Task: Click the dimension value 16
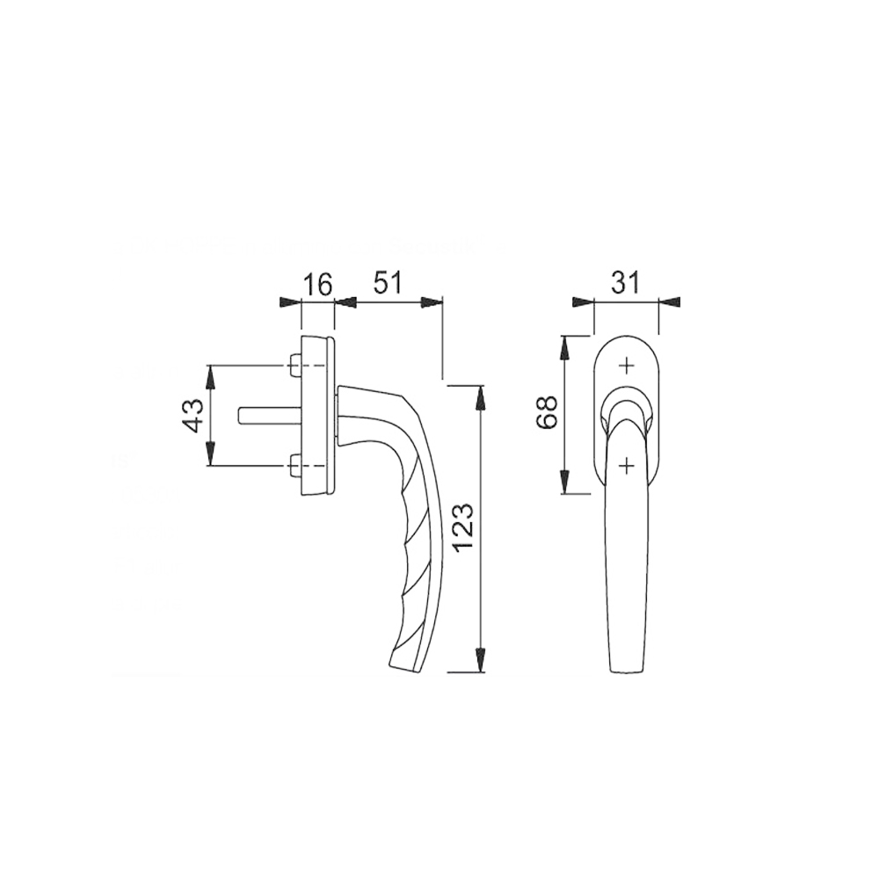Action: tap(318, 285)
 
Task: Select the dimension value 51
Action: tap(388, 284)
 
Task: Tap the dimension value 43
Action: tap(194, 416)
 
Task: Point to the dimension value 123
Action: tap(466, 528)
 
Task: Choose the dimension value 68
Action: tap(547, 412)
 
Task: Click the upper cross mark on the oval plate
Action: tap(628, 366)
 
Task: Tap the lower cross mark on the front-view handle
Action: tap(628, 465)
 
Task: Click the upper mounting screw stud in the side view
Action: tap(294, 366)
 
